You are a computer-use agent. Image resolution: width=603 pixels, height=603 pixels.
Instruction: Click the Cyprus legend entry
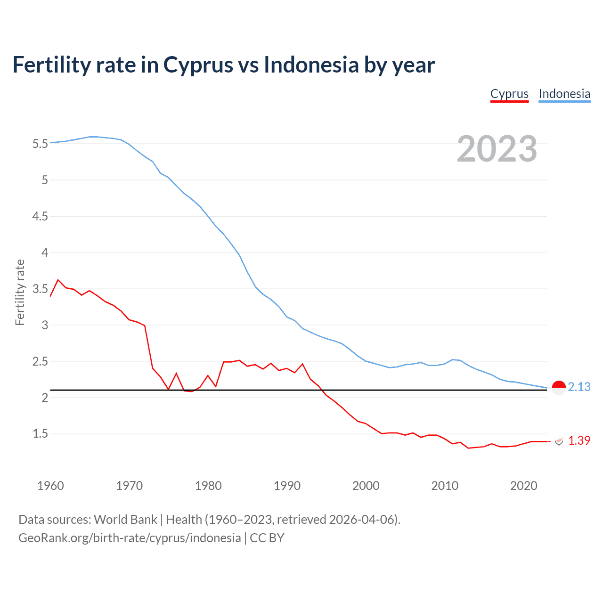point(509,94)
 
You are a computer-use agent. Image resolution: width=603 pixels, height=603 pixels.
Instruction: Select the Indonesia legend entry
point(564,94)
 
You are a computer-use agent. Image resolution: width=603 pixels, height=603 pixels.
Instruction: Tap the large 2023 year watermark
point(497,149)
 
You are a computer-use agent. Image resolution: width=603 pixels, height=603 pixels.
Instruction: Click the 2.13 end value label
point(579,387)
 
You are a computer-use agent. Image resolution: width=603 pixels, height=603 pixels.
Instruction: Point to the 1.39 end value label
point(579,440)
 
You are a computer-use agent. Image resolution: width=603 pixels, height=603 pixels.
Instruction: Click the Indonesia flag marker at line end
point(558,388)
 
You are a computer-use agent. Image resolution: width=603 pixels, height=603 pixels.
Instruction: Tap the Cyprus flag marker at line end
point(559,441)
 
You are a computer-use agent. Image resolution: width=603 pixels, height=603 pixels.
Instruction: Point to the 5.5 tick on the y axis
point(40,144)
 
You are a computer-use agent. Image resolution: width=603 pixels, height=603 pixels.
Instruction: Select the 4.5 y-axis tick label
point(40,216)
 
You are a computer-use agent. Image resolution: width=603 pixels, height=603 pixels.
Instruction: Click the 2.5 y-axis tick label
point(40,361)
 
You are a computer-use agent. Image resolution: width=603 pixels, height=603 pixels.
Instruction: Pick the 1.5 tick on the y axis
point(40,434)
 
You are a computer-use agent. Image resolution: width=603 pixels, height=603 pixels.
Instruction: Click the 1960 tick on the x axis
point(50,486)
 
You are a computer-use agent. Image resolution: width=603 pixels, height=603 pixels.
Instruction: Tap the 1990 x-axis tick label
point(287,486)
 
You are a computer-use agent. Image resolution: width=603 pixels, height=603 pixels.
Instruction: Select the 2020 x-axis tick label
point(523,486)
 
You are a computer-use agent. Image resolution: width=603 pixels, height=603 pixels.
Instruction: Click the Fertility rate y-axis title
point(20,292)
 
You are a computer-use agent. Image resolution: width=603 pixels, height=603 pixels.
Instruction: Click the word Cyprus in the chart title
point(198,65)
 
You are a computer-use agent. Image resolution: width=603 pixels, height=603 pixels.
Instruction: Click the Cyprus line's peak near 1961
point(58,280)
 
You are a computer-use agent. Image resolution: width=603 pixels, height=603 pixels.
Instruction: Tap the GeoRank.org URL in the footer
point(130,538)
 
